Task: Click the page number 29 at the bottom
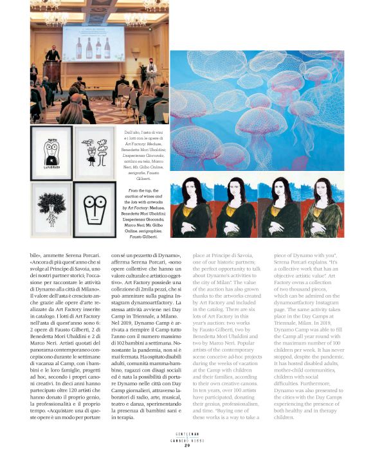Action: point(186,445)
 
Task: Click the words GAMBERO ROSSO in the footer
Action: point(186,440)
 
